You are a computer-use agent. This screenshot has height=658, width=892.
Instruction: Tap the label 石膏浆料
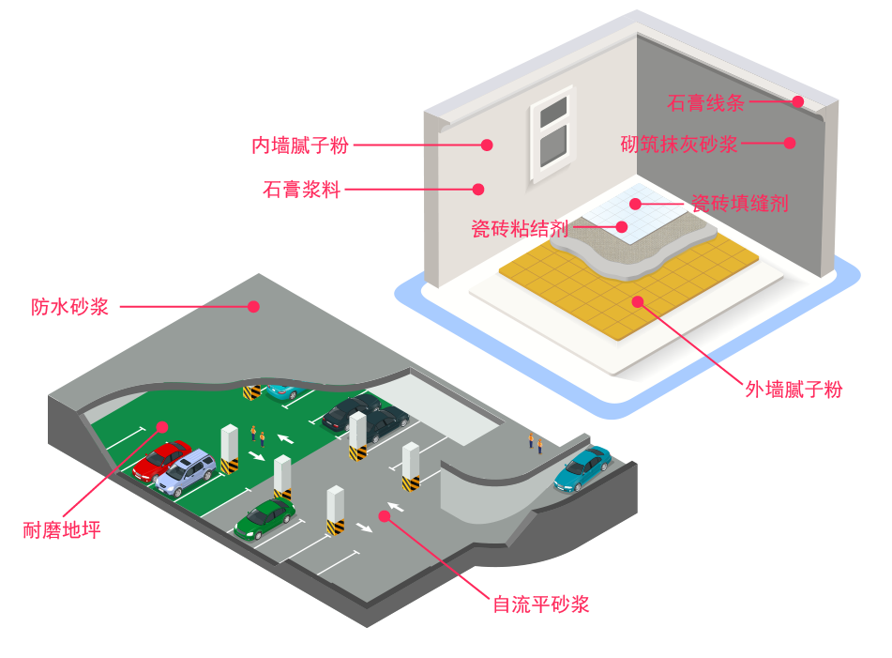pos(301,190)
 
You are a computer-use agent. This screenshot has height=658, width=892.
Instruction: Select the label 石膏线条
pos(705,102)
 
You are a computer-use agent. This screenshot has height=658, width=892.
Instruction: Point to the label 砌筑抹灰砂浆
pos(679,145)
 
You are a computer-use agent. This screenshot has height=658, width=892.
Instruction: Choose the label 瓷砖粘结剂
pos(519,228)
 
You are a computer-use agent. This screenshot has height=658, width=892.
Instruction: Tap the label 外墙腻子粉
pos(794,390)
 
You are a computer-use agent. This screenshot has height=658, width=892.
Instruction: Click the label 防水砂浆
pos(70,307)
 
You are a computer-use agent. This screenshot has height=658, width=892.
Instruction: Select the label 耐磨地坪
pos(61,530)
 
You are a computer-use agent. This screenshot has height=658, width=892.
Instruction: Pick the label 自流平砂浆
pos(541,604)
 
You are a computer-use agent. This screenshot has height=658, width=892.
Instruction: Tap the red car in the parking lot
pos(160,459)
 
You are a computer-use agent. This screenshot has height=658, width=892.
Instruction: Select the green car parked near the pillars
pos(265,517)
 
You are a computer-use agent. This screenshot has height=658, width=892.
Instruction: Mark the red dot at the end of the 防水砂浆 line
pos(252,306)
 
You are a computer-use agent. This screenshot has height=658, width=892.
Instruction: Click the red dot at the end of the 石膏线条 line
pos(798,101)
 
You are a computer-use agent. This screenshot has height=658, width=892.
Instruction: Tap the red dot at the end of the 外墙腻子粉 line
pos(638,301)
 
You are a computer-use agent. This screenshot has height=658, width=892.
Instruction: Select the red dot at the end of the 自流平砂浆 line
pos(383,515)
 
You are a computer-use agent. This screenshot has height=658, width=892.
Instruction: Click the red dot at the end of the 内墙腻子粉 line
pos(487,145)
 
